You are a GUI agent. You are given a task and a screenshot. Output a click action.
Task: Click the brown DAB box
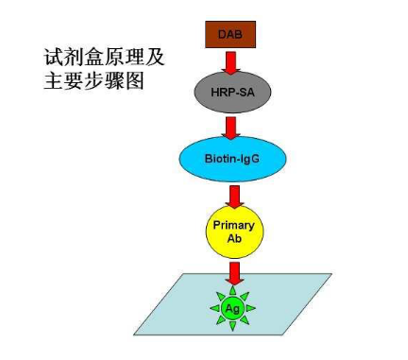coord(230,35)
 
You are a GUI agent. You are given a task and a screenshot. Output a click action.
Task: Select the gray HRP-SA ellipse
coord(232,93)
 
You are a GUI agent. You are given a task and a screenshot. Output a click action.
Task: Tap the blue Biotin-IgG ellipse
coord(233,159)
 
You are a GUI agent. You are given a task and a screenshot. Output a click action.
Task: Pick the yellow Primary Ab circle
coord(234,231)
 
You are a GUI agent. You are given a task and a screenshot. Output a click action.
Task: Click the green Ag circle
coord(232,309)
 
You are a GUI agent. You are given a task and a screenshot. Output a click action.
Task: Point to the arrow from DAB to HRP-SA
coord(230,62)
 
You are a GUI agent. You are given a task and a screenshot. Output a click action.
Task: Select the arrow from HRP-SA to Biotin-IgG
coord(231,128)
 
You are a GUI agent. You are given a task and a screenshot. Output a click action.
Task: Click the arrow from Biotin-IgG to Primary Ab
coord(234,197)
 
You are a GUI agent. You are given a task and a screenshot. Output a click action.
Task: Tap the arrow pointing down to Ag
coord(234,273)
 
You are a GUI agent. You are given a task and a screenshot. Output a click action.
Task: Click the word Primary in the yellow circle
coord(233,226)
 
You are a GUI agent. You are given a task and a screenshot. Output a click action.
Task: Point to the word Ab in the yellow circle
coord(234,238)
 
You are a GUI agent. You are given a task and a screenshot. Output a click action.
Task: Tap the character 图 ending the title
coord(134,80)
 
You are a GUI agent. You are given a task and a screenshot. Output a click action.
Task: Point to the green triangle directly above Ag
coord(232,291)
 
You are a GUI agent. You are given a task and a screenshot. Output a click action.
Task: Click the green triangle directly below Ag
coord(232,327)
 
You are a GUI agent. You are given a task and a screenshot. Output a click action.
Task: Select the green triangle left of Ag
coord(214,308)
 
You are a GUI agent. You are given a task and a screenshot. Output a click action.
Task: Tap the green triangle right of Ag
coord(250,308)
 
